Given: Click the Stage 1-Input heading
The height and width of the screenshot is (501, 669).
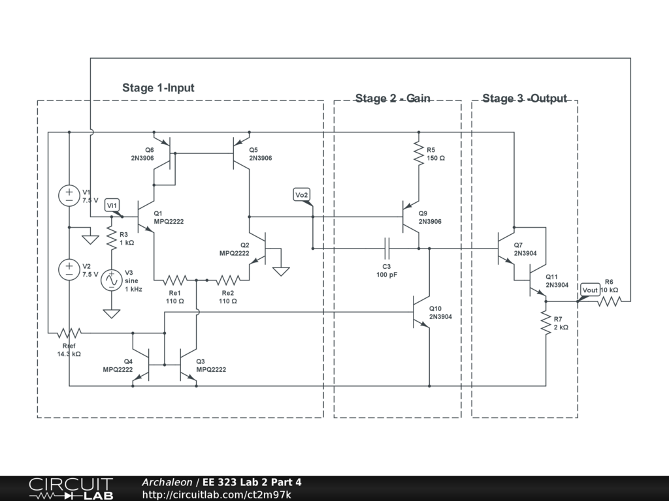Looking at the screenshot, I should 158,88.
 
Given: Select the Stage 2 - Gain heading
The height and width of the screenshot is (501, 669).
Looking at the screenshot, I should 393,99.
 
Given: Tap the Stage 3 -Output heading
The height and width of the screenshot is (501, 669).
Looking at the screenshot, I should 525,99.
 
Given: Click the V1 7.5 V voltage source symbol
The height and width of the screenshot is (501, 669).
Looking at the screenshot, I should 69,196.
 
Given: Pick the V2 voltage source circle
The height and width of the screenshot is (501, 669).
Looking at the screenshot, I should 69,269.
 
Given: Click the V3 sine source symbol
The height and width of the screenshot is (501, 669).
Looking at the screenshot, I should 111,281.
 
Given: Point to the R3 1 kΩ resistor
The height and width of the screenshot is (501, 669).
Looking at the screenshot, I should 111,237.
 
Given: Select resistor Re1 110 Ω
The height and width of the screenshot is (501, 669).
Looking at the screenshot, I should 175,280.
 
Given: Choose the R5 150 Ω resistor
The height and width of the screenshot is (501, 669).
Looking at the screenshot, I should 418,153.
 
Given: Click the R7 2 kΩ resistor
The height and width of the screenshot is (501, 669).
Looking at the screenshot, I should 545,324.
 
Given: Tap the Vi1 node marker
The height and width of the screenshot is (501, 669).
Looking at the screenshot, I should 112,205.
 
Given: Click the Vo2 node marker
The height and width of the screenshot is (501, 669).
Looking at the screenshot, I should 301,196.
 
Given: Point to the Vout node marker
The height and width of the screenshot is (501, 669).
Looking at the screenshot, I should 590,290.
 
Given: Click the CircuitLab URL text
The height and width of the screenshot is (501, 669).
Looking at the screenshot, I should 216,494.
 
